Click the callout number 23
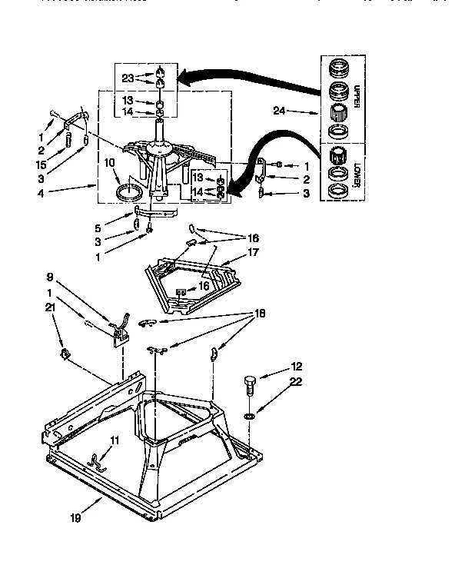127,77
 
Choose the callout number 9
51,277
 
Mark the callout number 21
51,307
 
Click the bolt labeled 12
250,384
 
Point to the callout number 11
115,439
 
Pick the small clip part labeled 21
65,354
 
